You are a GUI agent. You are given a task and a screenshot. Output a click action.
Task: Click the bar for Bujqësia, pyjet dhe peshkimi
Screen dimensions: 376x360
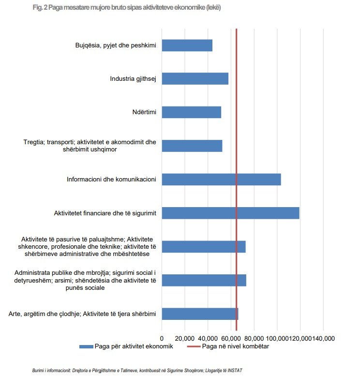click(187, 45)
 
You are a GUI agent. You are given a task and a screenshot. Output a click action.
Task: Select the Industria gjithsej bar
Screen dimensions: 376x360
click(195, 79)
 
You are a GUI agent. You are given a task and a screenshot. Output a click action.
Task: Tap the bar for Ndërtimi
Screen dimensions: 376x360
click(191, 112)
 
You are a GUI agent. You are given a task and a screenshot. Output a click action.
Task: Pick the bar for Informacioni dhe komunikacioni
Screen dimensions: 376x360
click(221, 180)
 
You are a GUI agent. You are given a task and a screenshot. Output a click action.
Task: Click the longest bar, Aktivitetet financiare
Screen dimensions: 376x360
click(230, 213)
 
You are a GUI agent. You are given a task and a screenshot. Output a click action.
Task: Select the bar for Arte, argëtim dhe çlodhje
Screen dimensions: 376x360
click(199, 314)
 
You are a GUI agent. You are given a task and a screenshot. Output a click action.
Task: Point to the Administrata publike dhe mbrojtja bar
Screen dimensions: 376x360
click(204, 280)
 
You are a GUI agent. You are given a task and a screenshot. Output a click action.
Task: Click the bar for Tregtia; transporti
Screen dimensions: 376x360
click(192, 146)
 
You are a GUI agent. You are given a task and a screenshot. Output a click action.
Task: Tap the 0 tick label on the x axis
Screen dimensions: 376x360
click(162, 338)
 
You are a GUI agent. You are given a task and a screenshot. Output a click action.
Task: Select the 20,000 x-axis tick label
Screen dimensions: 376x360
click(185, 338)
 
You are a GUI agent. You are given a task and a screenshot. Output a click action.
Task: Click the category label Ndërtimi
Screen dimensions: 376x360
click(144, 112)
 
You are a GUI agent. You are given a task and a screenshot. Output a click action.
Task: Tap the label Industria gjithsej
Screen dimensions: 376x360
click(133, 79)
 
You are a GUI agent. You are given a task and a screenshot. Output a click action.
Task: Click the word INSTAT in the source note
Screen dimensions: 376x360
click(233, 370)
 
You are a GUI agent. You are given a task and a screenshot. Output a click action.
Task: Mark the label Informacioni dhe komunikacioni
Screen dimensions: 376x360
click(111, 180)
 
